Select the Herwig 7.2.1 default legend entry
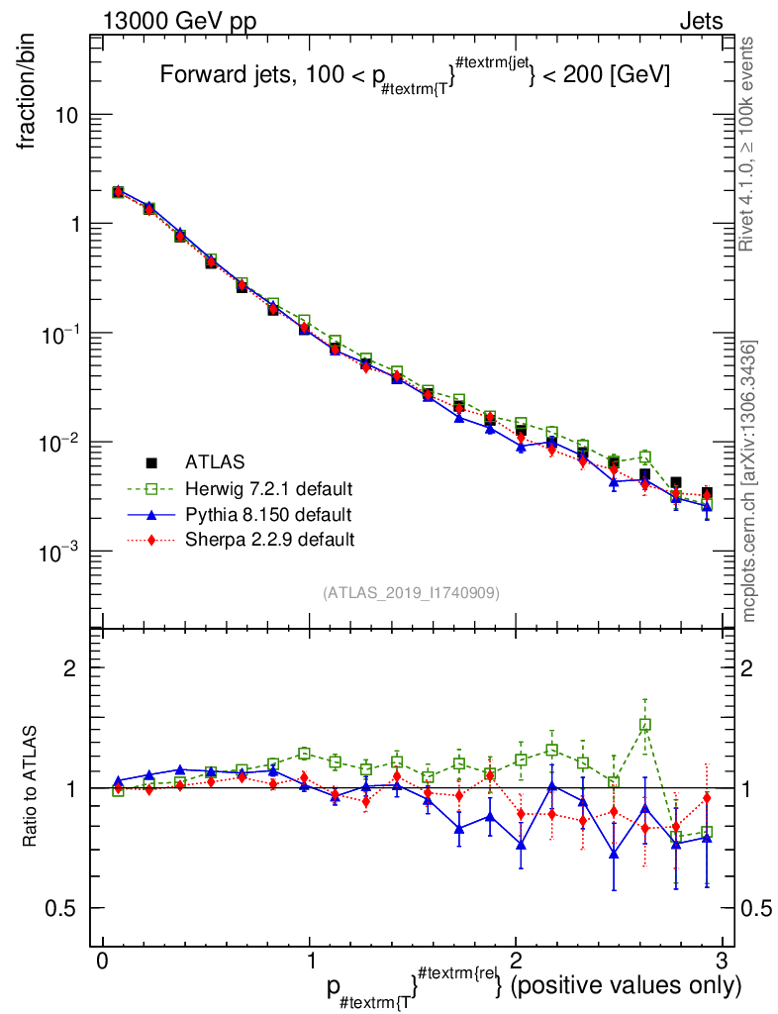(268, 488)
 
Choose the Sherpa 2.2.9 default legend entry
(268, 540)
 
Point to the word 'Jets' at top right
(700, 21)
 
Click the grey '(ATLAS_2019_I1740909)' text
(410, 593)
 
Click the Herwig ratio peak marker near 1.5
(644, 725)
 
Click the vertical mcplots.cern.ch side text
(749, 480)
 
